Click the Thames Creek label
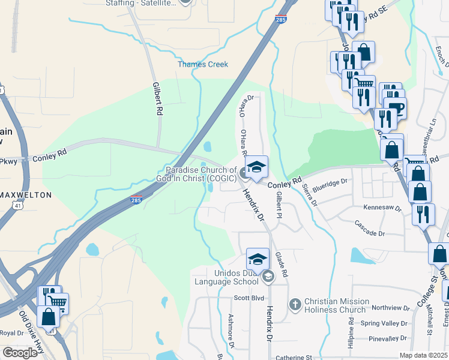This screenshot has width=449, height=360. coord(202,64)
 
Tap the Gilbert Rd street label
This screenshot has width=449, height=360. coord(158,99)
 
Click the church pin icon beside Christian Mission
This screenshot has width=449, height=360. coord(295,305)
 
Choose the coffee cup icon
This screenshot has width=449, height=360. coord(397,109)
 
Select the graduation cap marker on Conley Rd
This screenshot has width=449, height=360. coord(256,167)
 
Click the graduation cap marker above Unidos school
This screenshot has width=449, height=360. coord(257,259)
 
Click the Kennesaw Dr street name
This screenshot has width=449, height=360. coord(382,207)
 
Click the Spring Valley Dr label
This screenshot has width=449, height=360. coord(384,323)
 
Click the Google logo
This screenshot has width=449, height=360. coord(20,353)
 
